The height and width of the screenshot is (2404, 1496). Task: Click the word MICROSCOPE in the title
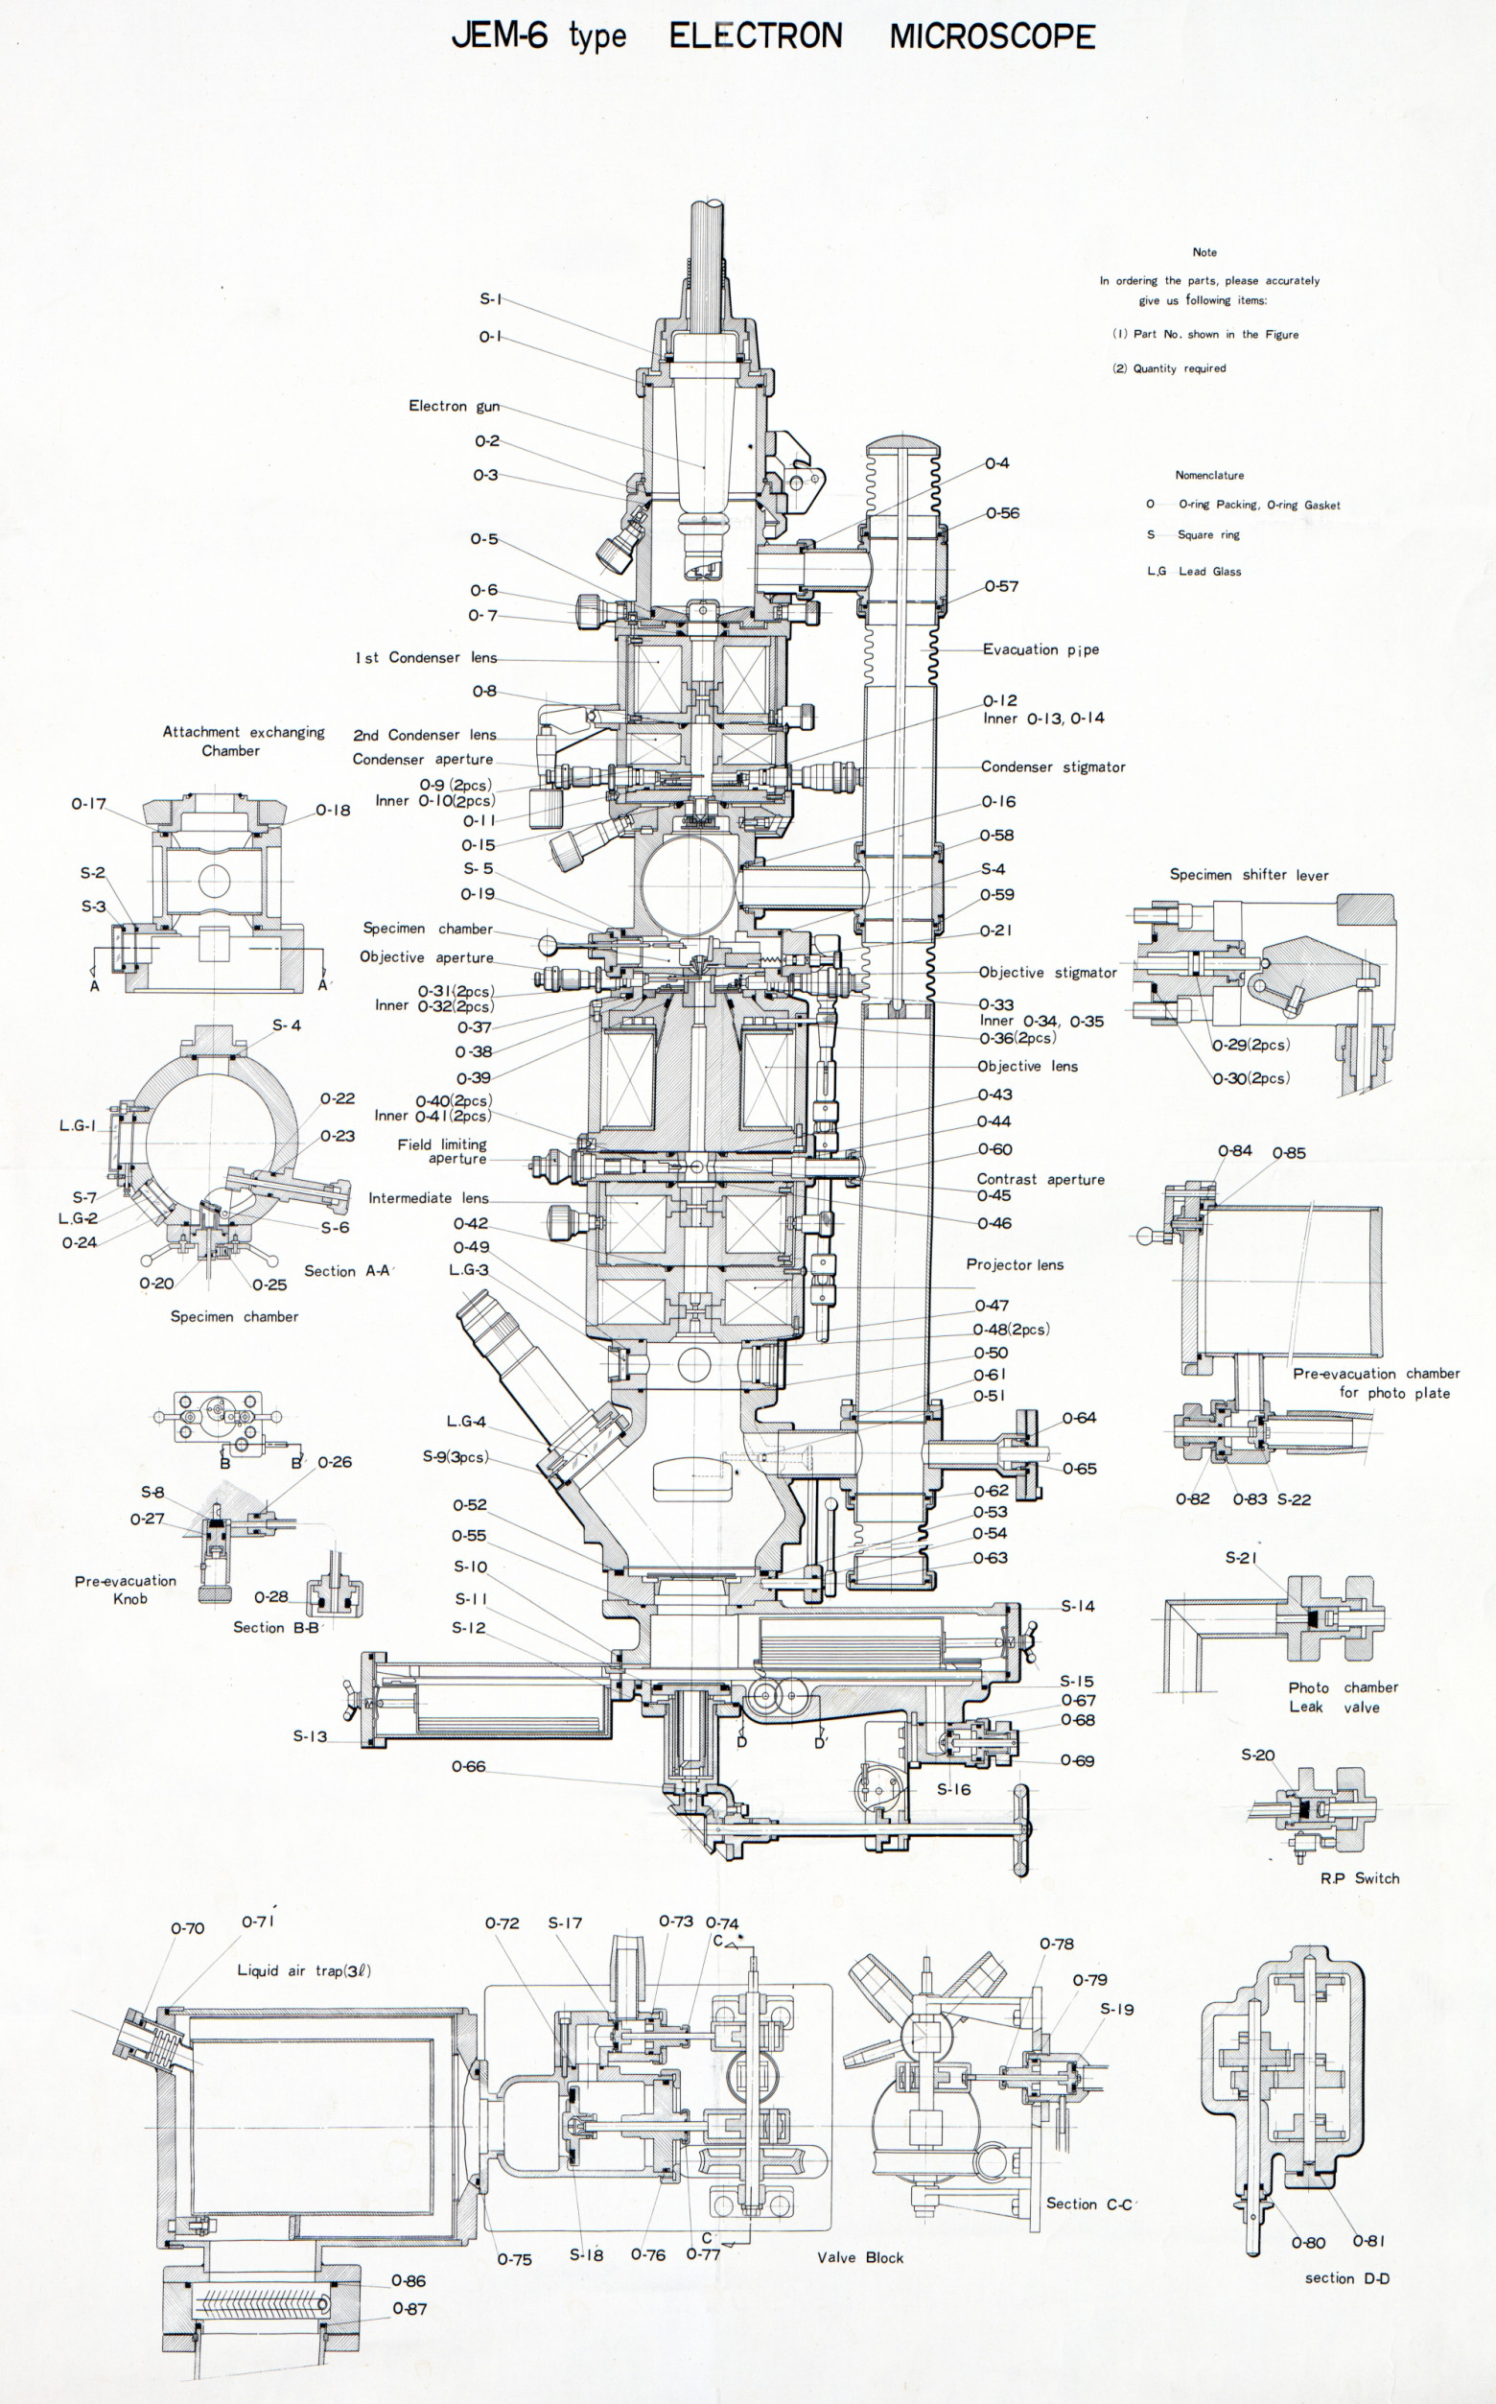tap(993, 36)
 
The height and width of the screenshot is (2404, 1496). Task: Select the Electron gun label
tap(455, 406)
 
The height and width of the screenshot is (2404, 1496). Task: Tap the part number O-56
tap(1002, 512)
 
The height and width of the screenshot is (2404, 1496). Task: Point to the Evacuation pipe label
tap(1040, 649)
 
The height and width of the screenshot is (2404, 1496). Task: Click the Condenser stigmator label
tap(1053, 766)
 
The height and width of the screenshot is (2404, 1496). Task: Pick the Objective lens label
tap(1027, 1066)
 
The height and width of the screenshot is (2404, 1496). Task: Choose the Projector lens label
tap(1016, 1265)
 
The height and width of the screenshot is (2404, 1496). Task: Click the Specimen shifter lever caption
tap(1249, 875)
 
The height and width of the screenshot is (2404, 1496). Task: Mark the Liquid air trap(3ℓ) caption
tap(304, 1970)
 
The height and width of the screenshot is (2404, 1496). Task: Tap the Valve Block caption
tap(860, 2257)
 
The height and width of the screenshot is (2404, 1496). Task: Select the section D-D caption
tap(1346, 2278)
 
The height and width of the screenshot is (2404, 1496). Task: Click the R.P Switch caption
tap(1360, 1877)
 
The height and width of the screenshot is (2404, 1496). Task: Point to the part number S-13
tap(310, 1736)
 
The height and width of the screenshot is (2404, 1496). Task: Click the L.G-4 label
tap(466, 1422)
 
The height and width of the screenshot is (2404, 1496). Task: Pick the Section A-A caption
tap(348, 1271)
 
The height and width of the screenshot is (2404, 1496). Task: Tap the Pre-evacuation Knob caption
tap(126, 1590)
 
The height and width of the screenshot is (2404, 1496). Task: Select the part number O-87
tap(409, 2309)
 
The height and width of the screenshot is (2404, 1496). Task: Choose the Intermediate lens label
tap(429, 1197)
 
